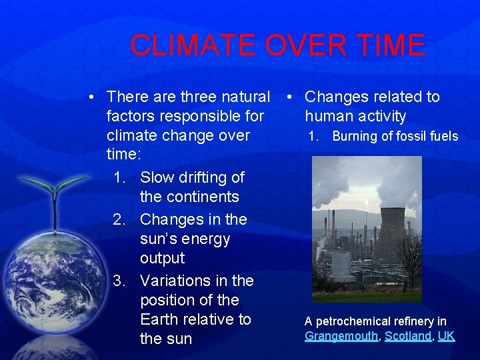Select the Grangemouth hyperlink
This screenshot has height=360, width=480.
pos(341,336)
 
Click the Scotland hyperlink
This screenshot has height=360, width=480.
pos(408,336)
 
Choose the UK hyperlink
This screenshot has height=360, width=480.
pos(446,336)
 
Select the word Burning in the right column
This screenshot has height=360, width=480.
pos(354,137)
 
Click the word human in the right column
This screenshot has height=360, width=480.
pos(330,117)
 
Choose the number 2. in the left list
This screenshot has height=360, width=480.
pos(120,219)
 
